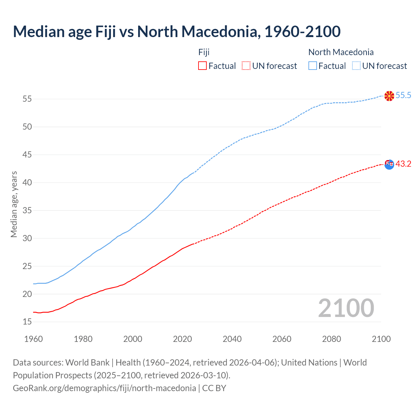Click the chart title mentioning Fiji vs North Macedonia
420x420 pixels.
[x=177, y=31]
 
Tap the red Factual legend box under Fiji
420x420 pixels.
[x=202, y=66]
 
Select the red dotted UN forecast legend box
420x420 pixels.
[x=246, y=66]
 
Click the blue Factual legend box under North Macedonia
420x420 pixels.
[x=313, y=66]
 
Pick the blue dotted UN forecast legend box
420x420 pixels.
[x=356, y=66]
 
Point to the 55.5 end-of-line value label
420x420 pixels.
[x=403, y=95]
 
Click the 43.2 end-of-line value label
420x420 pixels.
[x=403, y=164]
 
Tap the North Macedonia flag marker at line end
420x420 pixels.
[x=389, y=96]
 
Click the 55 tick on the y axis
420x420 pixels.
[x=27, y=99]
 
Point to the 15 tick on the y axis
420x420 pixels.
[x=27, y=322]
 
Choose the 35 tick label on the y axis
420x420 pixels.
[x=27, y=210]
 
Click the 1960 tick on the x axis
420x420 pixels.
[x=33, y=339]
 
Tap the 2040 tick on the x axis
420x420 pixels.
[x=232, y=339]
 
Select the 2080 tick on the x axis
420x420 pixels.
[x=331, y=339]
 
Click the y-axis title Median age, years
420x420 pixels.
[x=14, y=204]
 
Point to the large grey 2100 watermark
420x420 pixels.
[x=346, y=308]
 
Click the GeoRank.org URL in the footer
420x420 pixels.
[x=104, y=388]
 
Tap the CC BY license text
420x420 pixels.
[x=214, y=388]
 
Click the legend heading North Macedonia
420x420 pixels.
[x=341, y=52]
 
